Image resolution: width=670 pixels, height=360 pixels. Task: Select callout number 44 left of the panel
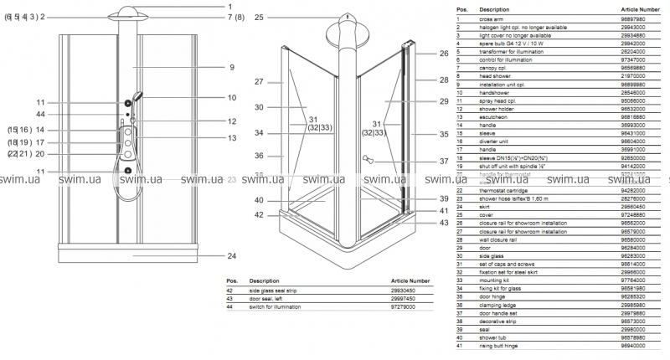(40, 114)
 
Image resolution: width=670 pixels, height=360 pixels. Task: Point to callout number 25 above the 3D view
(259, 17)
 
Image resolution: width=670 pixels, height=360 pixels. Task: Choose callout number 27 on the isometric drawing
(259, 82)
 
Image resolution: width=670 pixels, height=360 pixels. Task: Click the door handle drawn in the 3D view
(365, 158)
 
